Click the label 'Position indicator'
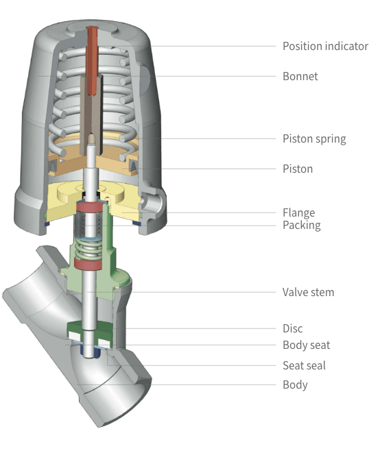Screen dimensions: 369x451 (x=325, y=46)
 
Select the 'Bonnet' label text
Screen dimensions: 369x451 (x=300, y=76)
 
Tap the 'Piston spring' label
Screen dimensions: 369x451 (x=314, y=139)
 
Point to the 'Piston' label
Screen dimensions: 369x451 (x=298, y=169)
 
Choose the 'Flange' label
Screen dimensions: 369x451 (x=299, y=213)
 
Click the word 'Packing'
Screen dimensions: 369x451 (x=302, y=225)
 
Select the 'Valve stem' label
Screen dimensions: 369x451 (x=308, y=292)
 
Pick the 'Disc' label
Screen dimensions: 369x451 (x=293, y=328)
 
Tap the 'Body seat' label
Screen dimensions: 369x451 (x=307, y=345)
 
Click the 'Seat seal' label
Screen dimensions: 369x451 (x=305, y=365)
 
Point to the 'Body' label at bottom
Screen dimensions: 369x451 (x=295, y=385)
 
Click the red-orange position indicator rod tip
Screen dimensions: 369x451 (x=93, y=29)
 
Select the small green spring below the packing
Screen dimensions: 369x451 (x=90, y=249)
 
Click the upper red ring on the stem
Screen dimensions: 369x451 (x=90, y=207)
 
